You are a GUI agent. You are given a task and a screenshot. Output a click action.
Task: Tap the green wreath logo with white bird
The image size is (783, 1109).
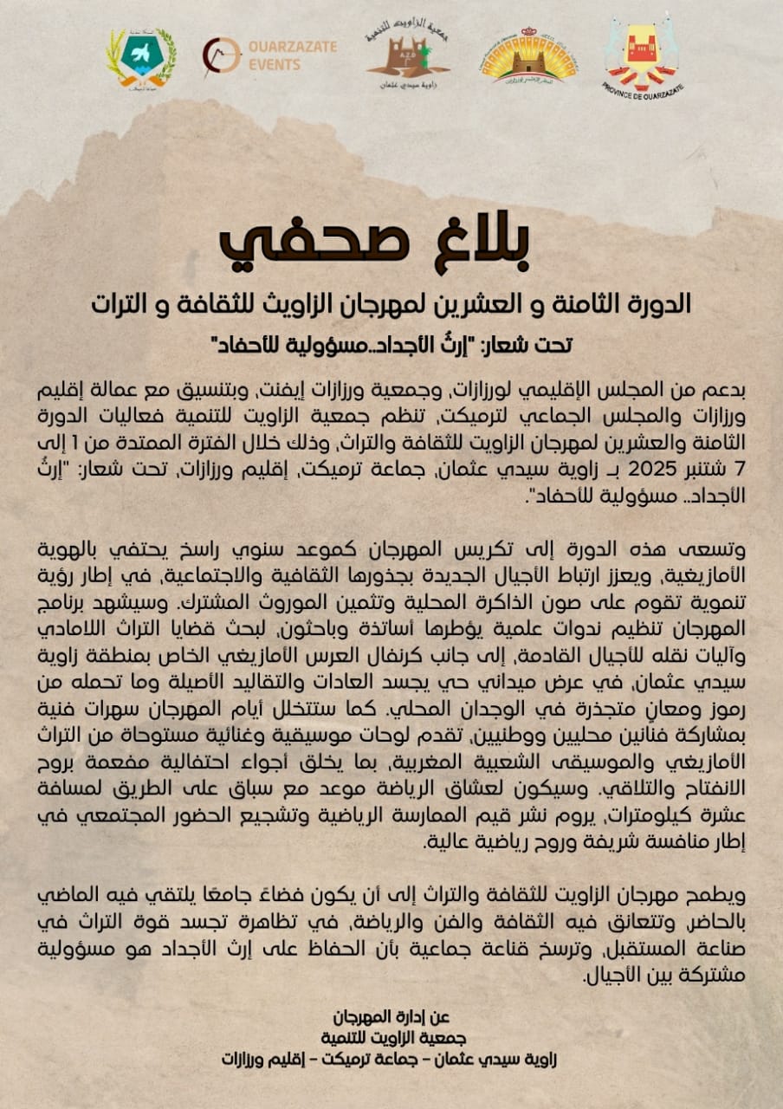141,56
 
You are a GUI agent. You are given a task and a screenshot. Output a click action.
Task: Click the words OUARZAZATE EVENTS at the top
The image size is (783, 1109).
292,55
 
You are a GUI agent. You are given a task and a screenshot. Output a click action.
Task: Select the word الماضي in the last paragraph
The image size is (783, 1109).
715,892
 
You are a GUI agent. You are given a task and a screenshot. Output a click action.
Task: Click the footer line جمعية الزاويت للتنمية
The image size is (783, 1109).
388,1037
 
